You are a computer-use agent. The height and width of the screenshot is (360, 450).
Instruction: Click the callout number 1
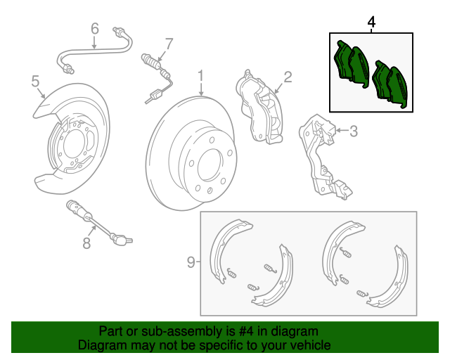point(200,75)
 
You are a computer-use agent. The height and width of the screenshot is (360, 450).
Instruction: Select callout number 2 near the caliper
point(288,77)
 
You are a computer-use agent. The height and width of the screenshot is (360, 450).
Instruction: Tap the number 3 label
point(354,130)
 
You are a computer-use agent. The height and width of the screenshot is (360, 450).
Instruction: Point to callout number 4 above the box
point(371,22)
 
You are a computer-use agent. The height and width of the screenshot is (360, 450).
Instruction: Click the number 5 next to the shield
point(36,82)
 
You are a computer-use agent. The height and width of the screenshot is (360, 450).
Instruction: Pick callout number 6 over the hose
point(95,29)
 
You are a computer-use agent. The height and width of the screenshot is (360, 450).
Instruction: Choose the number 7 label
point(169,44)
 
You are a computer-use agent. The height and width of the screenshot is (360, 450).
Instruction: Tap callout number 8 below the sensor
point(86,243)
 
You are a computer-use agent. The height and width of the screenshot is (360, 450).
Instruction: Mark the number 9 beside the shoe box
point(191,262)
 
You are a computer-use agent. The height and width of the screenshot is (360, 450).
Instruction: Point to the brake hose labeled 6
point(95,49)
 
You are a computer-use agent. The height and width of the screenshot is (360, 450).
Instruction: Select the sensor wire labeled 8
point(98,225)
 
